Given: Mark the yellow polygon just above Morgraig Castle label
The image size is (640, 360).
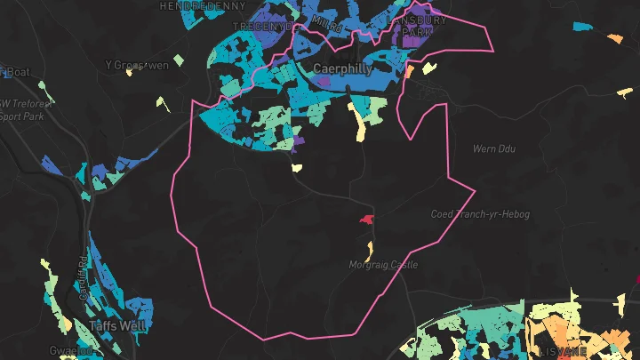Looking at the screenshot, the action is click(x=368, y=250).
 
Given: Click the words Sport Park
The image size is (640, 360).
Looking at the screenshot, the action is click(x=23, y=115).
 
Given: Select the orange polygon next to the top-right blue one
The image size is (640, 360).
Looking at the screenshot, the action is click(x=615, y=38).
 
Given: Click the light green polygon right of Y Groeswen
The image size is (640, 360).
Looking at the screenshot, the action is click(x=179, y=60).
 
